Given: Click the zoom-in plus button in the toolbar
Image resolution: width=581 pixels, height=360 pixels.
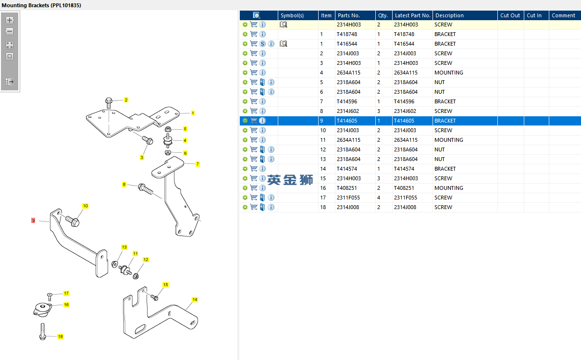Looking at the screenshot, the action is point(10,20).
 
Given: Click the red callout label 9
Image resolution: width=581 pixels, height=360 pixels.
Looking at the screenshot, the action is point(33,221).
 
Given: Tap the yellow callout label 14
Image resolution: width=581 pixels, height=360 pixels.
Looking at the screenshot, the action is point(195,299).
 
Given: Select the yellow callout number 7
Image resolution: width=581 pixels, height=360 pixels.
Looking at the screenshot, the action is point(198,164).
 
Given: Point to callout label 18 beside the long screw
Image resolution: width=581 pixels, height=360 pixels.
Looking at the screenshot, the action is point(60,336).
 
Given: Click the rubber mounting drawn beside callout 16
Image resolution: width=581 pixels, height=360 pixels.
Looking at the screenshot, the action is point(43,310).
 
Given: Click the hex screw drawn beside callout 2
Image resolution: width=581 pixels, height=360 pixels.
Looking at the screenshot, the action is point(109,103).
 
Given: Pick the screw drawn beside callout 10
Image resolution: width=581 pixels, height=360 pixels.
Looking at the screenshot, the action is point(73,221).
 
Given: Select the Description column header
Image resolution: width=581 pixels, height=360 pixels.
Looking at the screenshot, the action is point(449,15).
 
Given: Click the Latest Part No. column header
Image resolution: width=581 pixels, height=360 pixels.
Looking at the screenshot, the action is point(412,15).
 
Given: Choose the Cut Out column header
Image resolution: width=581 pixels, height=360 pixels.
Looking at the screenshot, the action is point(510,15).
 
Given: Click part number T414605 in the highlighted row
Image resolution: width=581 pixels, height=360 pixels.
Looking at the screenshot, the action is point(347,121).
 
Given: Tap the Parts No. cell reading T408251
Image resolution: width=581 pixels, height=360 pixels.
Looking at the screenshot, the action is point(346,188).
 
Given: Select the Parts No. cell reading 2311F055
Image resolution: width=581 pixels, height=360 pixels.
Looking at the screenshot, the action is point(348,198).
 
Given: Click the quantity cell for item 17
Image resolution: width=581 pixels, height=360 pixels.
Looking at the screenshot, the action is point(379,198).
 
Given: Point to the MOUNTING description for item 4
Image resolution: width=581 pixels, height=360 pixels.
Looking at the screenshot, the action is point(449,73).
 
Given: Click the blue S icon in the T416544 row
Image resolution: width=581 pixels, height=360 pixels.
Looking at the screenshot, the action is point(262,44).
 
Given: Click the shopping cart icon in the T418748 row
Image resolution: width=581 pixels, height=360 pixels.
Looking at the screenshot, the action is point(254,34).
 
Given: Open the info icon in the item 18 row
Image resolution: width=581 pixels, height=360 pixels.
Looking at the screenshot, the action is point(271,207).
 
